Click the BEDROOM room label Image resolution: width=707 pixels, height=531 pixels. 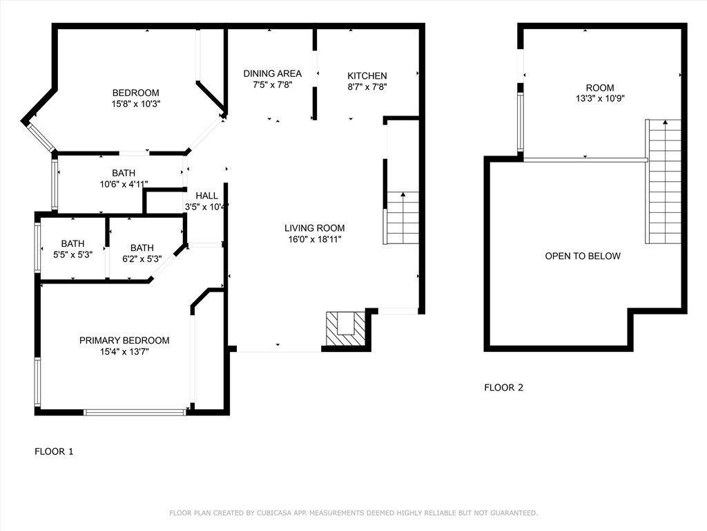[x=136, y=93]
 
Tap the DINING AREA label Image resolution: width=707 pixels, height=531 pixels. [x=272, y=73]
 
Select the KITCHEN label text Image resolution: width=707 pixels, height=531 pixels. [x=367, y=76]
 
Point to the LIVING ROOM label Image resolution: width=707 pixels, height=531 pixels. [x=314, y=228]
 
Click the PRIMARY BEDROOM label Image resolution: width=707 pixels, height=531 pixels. [x=124, y=340]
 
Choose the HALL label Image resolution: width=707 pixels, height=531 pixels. [x=207, y=196]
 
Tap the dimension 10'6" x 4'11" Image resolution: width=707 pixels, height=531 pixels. [x=124, y=184]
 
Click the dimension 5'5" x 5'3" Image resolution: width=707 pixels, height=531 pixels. [x=72, y=254]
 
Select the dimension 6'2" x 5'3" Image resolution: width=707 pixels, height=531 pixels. [x=142, y=259]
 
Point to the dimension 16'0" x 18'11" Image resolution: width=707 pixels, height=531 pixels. [x=315, y=239]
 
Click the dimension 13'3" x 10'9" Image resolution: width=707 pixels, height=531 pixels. [x=600, y=98]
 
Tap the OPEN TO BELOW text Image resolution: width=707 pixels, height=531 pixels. [x=583, y=256]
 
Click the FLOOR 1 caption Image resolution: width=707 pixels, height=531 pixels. [x=54, y=451]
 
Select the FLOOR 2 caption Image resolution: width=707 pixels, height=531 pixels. [x=503, y=387]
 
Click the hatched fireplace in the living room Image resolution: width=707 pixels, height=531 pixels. [x=346, y=328]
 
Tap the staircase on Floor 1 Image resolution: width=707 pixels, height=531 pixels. [x=402, y=218]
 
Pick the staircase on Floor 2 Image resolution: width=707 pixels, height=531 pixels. [x=664, y=182]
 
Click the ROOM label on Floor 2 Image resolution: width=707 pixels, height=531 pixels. [x=600, y=88]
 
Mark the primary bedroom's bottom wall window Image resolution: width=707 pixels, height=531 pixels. [x=135, y=412]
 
